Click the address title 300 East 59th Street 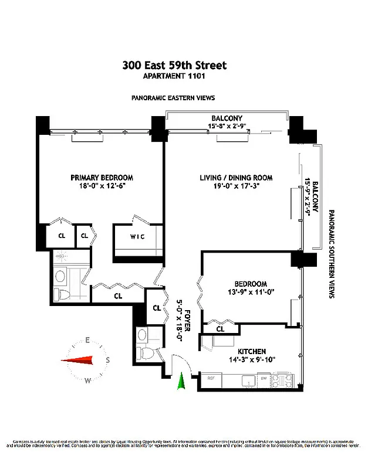pos(174,66)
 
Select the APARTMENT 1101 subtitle pos(174,76)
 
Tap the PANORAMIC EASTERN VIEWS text pos(173,98)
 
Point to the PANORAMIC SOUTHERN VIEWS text pos(332,255)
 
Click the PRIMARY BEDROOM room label pos(102,178)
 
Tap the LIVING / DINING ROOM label pos(227,178)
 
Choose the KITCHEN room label pos(251,351)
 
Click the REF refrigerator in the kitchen pos(211,379)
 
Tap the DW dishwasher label pos(264,379)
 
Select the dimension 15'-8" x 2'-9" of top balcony pos(227,126)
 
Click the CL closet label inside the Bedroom pos(220,329)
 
